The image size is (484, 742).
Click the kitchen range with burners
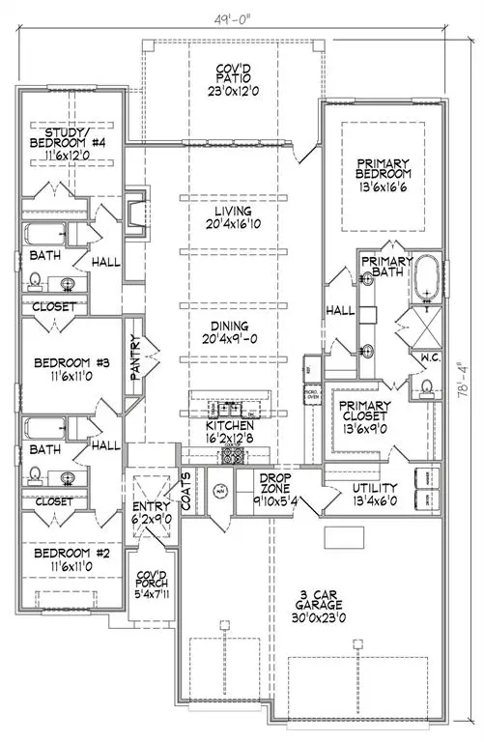tap(232, 454)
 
